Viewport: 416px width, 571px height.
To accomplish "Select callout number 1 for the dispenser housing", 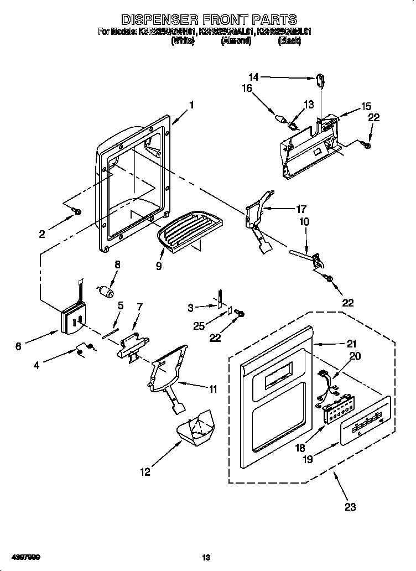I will (x=191, y=105).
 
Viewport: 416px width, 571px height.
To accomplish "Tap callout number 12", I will (x=145, y=472).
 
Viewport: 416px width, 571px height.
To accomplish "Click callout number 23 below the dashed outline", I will (x=350, y=506).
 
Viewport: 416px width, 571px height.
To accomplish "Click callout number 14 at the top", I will (x=253, y=77).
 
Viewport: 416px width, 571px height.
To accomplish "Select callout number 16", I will (x=247, y=88).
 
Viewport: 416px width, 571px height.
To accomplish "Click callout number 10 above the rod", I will (x=304, y=222).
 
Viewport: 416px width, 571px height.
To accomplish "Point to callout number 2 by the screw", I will (x=42, y=234).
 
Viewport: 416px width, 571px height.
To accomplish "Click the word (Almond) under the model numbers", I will (x=236, y=41).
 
